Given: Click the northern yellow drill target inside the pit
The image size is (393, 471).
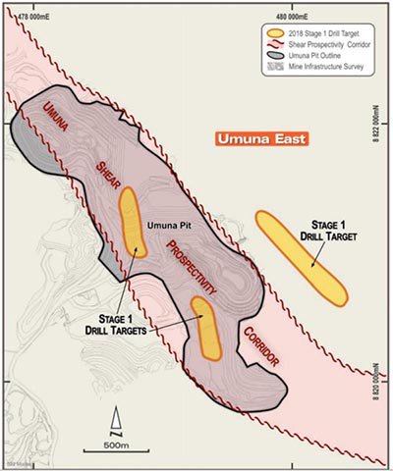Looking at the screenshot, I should tap(132, 223).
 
